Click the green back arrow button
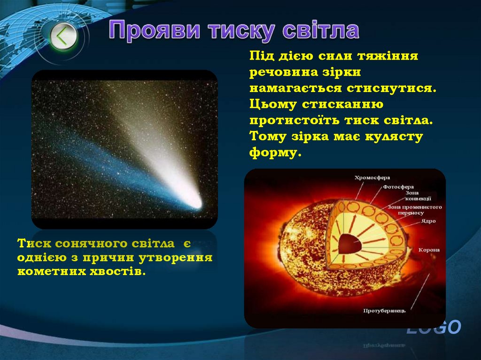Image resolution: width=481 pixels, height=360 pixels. [x=63, y=36]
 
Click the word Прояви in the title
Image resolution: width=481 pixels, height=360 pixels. [x=155, y=31]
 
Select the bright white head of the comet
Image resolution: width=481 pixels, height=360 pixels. [x=194, y=202]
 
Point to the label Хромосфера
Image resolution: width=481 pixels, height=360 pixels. [x=372, y=177]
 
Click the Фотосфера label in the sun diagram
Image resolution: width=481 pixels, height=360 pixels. [x=398, y=187]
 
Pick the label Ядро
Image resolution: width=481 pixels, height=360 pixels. [x=428, y=221]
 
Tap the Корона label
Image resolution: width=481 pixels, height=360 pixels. [x=429, y=250]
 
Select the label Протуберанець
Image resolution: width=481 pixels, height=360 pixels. [x=384, y=311]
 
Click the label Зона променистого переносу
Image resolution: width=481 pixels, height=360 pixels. [x=414, y=210]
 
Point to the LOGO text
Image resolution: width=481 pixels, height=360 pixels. [x=434, y=328]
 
